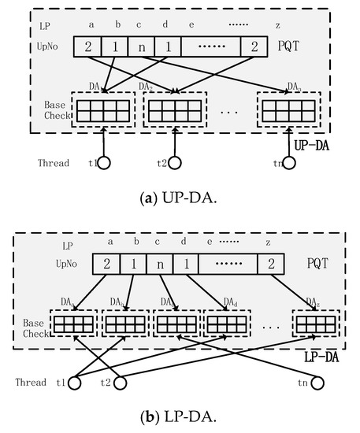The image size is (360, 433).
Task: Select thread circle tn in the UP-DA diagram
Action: [x=289, y=163]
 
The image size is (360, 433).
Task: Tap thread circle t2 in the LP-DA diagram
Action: [x=121, y=383]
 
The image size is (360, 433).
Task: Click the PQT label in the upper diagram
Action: [x=293, y=46]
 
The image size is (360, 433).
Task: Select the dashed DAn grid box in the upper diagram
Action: [x=285, y=104]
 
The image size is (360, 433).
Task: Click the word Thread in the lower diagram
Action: [x=32, y=383]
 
